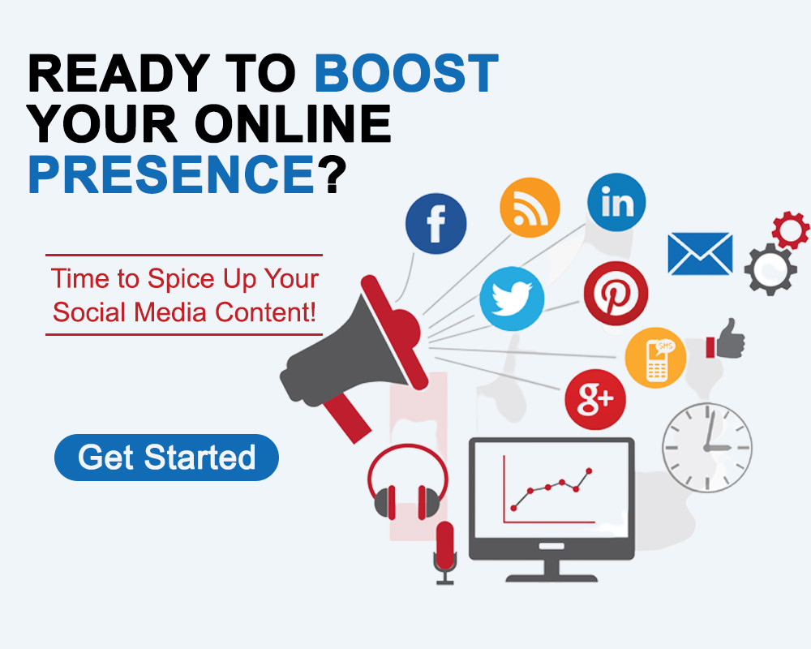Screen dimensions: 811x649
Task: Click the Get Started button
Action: tap(166, 458)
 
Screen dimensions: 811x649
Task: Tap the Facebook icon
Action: tap(436, 224)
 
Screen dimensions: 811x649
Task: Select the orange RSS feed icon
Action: tap(530, 208)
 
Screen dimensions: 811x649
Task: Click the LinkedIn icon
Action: tap(616, 202)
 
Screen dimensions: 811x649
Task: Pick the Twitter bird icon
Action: tap(512, 299)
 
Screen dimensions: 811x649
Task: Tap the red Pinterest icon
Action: tap(616, 294)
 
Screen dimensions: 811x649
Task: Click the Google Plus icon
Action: tap(595, 399)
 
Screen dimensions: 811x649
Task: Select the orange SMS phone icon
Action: tap(656, 358)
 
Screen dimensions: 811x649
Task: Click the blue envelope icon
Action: tap(701, 254)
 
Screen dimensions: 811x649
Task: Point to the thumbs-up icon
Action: tap(726, 340)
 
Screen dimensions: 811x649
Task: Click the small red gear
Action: tap(790, 230)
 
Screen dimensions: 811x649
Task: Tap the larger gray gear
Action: tap(770, 269)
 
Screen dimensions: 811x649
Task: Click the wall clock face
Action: tap(707, 448)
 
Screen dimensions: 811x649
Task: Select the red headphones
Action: tap(408, 481)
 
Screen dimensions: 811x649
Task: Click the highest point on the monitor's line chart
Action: tap(589, 471)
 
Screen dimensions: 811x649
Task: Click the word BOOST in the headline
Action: tap(406, 73)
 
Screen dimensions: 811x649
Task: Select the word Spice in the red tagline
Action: tap(181, 280)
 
